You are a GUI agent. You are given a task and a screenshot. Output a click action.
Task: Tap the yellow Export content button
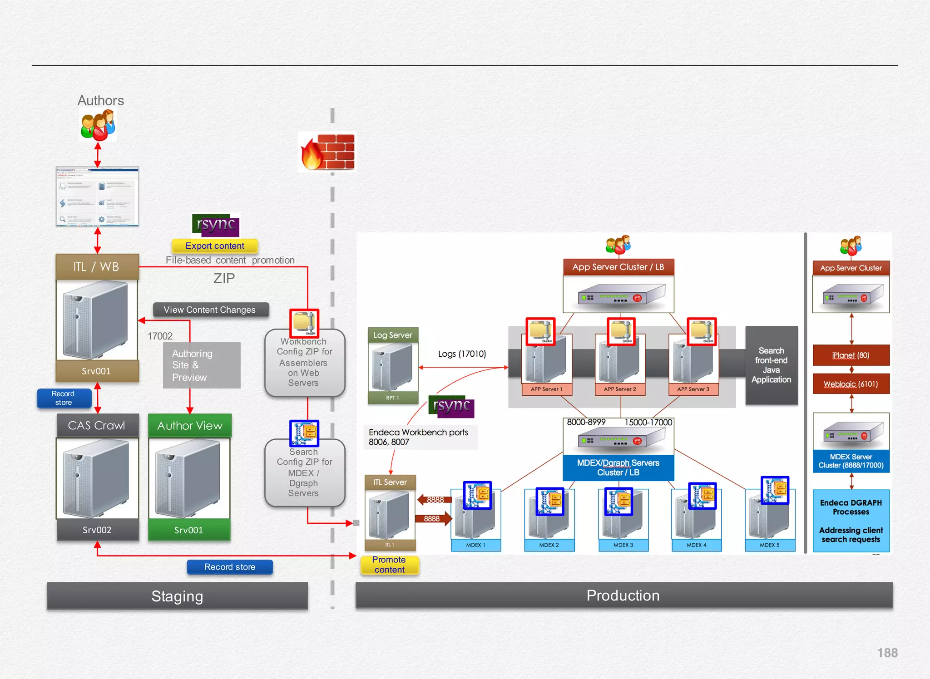click(x=215, y=246)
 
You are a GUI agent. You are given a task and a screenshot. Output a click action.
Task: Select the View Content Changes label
click(x=210, y=310)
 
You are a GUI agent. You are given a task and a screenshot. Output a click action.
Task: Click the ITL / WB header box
click(x=97, y=266)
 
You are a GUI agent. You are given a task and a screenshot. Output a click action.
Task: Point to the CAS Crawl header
click(x=97, y=425)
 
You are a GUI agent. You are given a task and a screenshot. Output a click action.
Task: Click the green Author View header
click(x=190, y=425)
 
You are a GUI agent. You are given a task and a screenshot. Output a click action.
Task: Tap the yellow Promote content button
click(x=389, y=565)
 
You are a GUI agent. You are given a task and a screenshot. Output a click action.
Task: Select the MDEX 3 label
click(x=623, y=545)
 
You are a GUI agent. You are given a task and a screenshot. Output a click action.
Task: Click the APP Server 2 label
click(x=620, y=389)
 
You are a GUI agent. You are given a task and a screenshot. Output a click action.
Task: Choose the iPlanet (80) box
click(x=851, y=355)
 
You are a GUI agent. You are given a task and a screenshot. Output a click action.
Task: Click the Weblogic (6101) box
click(x=851, y=384)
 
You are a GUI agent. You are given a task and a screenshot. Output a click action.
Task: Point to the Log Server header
click(x=393, y=335)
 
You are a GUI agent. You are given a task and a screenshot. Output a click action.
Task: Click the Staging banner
click(x=177, y=596)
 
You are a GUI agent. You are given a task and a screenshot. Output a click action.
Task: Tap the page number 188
click(x=887, y=653)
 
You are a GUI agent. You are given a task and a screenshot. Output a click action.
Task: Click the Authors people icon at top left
click(x=98, y=126)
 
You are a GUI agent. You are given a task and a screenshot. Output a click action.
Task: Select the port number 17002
click(x=160, y=336)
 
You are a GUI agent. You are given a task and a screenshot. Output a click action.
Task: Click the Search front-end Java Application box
click(x=771, y=365)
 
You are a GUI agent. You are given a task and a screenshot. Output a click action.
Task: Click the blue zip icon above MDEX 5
click(x=775, y=490)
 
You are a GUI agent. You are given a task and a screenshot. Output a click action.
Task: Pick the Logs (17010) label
click(x=462, y=354)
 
